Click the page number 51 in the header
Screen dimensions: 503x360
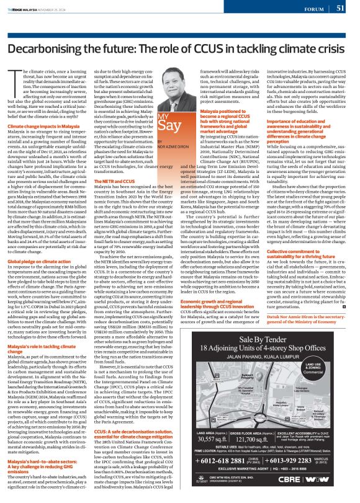341,8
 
